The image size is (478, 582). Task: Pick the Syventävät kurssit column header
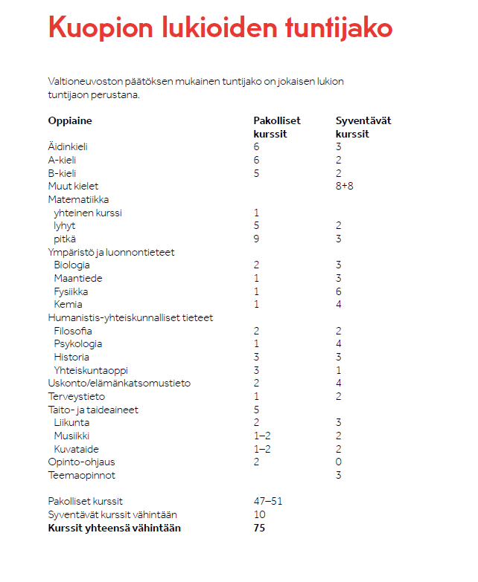(363, 127)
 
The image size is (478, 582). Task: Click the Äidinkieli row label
(68, 147)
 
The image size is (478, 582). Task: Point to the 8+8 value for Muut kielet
(345, 187)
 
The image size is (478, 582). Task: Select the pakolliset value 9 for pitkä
(256, 239)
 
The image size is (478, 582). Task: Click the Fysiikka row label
(72, 291)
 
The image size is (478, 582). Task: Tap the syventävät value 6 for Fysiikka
(339, 291)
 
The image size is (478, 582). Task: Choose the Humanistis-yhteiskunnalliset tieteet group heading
(130, 317)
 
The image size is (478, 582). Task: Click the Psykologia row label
(77, 344)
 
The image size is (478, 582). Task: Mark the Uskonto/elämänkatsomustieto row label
(119, 384)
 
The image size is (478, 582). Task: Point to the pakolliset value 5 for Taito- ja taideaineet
(256, 410)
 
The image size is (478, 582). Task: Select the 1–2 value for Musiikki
(262, 436)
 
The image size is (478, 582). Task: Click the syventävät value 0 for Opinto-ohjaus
(339, 462)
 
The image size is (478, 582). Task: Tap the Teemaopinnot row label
(82, 476)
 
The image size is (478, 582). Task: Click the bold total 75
(259, 528)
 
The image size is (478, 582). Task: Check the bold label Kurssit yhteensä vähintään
(114, 528)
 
